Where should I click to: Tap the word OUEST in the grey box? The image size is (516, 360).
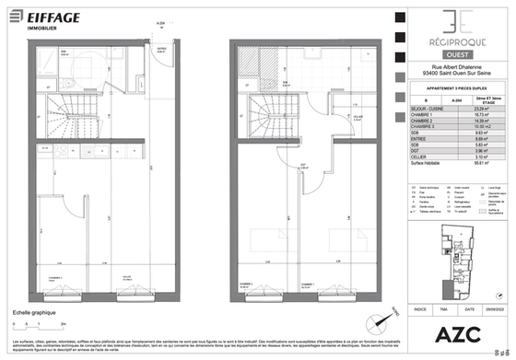pyautogui.click(x=451, y=54)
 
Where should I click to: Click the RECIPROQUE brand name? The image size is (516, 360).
pyautogui.click(x=451, y=42)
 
